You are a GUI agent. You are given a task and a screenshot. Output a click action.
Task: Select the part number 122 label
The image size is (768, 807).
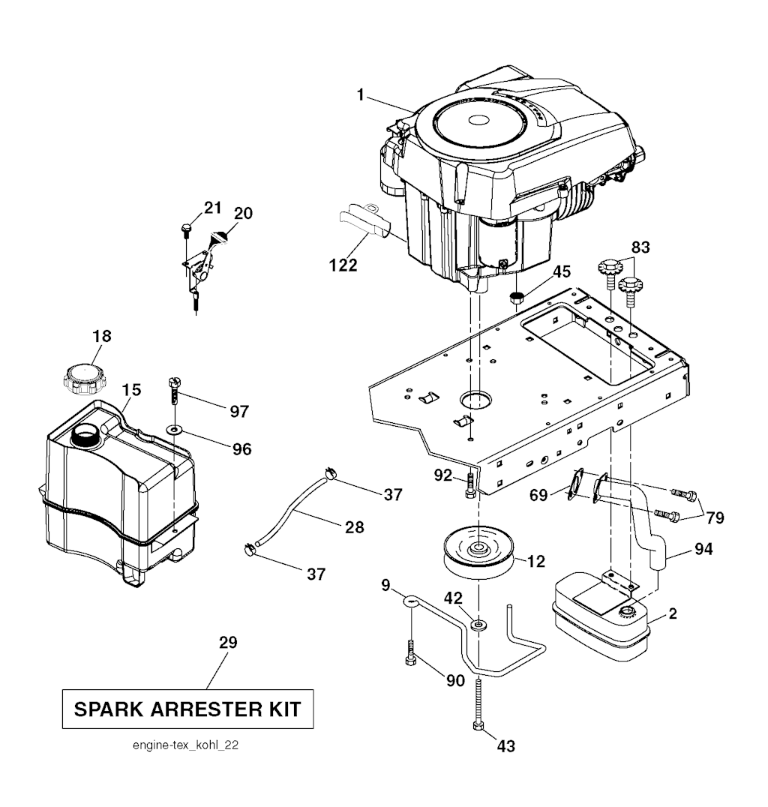(x=343, y=265)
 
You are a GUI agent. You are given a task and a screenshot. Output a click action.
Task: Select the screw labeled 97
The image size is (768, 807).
(x=174, y=391)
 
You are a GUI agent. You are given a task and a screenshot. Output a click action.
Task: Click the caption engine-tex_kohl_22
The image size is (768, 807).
(x=186, y=746)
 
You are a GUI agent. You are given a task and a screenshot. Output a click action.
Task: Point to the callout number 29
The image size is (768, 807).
(x=228, y=643)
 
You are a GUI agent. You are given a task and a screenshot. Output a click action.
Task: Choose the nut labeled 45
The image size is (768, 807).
(x=517, y=297)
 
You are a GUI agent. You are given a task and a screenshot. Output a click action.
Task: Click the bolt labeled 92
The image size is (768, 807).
(x=470, y=487)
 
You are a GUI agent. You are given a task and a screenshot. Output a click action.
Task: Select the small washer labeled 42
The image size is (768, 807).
(x=478, y=624)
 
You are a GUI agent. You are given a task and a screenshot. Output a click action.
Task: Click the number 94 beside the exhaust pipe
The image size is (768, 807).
(x=703, y=550)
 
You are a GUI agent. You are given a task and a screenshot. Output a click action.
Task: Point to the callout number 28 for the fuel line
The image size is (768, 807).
(x=354, y=527)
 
